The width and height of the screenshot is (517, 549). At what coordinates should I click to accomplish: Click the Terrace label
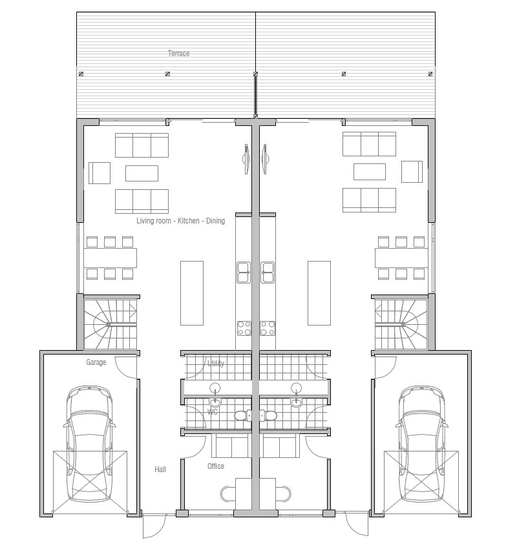click(179, 54)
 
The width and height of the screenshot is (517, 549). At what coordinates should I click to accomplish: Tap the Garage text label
click(96, 362)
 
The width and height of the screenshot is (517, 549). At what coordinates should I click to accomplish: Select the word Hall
click(160, 469)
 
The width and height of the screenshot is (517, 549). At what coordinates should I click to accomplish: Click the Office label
click(216, 466)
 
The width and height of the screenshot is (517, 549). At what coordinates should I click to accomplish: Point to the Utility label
click(216, 364)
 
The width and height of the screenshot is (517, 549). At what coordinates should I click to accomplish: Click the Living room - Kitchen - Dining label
click(180, 221)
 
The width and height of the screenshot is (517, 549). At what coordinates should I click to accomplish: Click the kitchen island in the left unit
click(192, 293)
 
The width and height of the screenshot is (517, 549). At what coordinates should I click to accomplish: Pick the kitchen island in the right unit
click(319, 293)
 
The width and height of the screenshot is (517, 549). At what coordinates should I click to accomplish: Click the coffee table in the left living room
click(142, 173)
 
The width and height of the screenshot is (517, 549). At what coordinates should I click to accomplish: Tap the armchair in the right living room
click(412, 172)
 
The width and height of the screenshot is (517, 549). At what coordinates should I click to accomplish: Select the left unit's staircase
click(110, 322)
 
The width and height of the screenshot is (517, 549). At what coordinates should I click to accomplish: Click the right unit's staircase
click(401, 322)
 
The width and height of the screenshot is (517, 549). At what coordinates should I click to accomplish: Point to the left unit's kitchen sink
click(244, 272)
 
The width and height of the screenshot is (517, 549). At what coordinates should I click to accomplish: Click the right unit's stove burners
click(268, 328)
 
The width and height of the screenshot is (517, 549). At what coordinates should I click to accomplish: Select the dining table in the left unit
click(110, 258)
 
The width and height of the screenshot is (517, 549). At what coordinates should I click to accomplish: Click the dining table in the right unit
click(401, 258)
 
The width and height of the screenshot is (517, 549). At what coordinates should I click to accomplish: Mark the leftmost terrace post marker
click(81, 74)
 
